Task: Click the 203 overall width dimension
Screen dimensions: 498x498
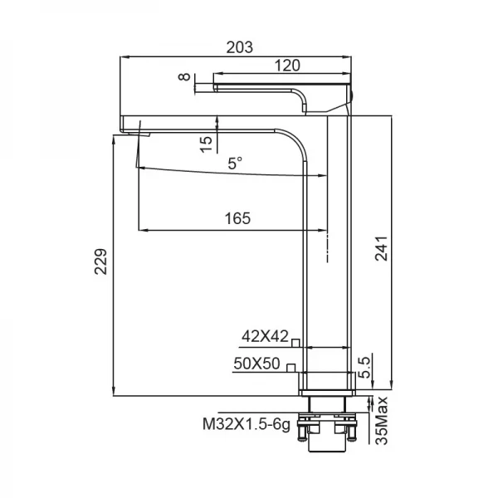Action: [x=239, y=46]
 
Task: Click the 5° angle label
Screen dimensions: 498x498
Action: [x=236, y=164]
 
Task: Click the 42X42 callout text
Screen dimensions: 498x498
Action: [x=265, y=336]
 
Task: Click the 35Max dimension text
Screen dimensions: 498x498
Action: [x=383, y=422]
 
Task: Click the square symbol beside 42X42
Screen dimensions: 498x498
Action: [x=295, y=339]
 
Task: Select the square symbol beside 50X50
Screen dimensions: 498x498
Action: [x=290, y=367]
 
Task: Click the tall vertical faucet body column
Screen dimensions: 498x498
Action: [x=329, y=249]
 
